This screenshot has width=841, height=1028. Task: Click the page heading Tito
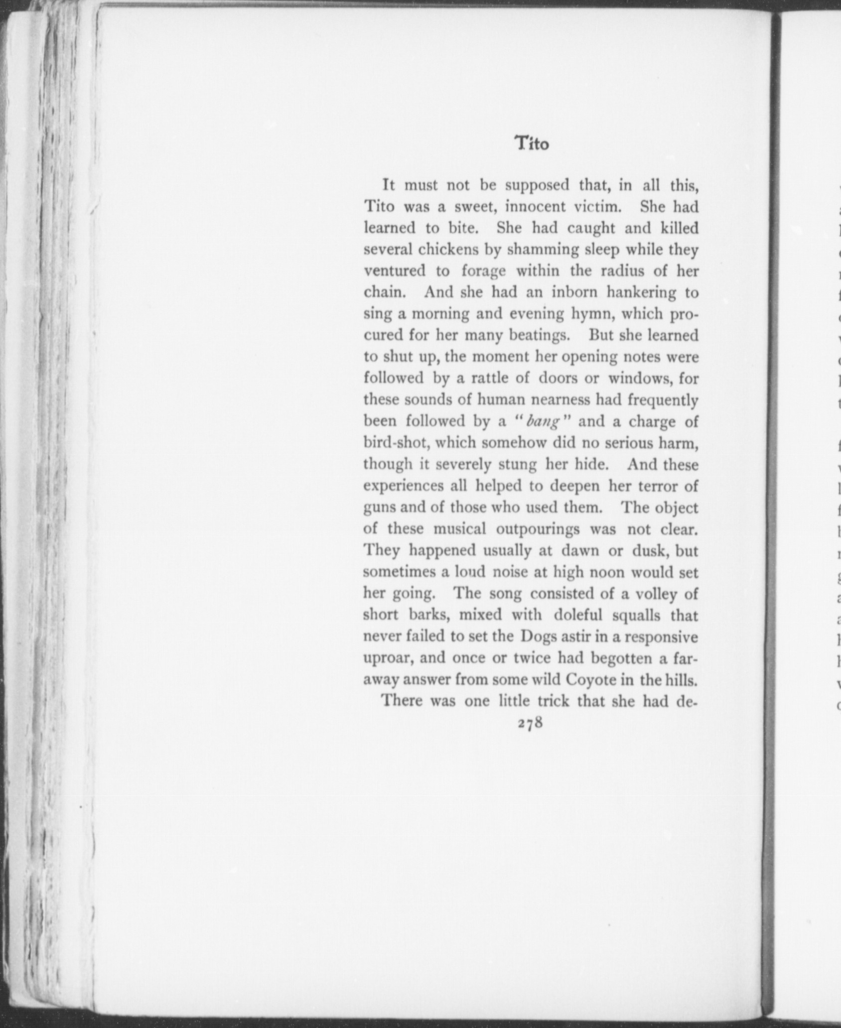(x=531, y=143)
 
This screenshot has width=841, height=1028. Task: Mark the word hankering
(x=641, y=292)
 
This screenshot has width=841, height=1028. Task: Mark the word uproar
(x=387, y=658)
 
